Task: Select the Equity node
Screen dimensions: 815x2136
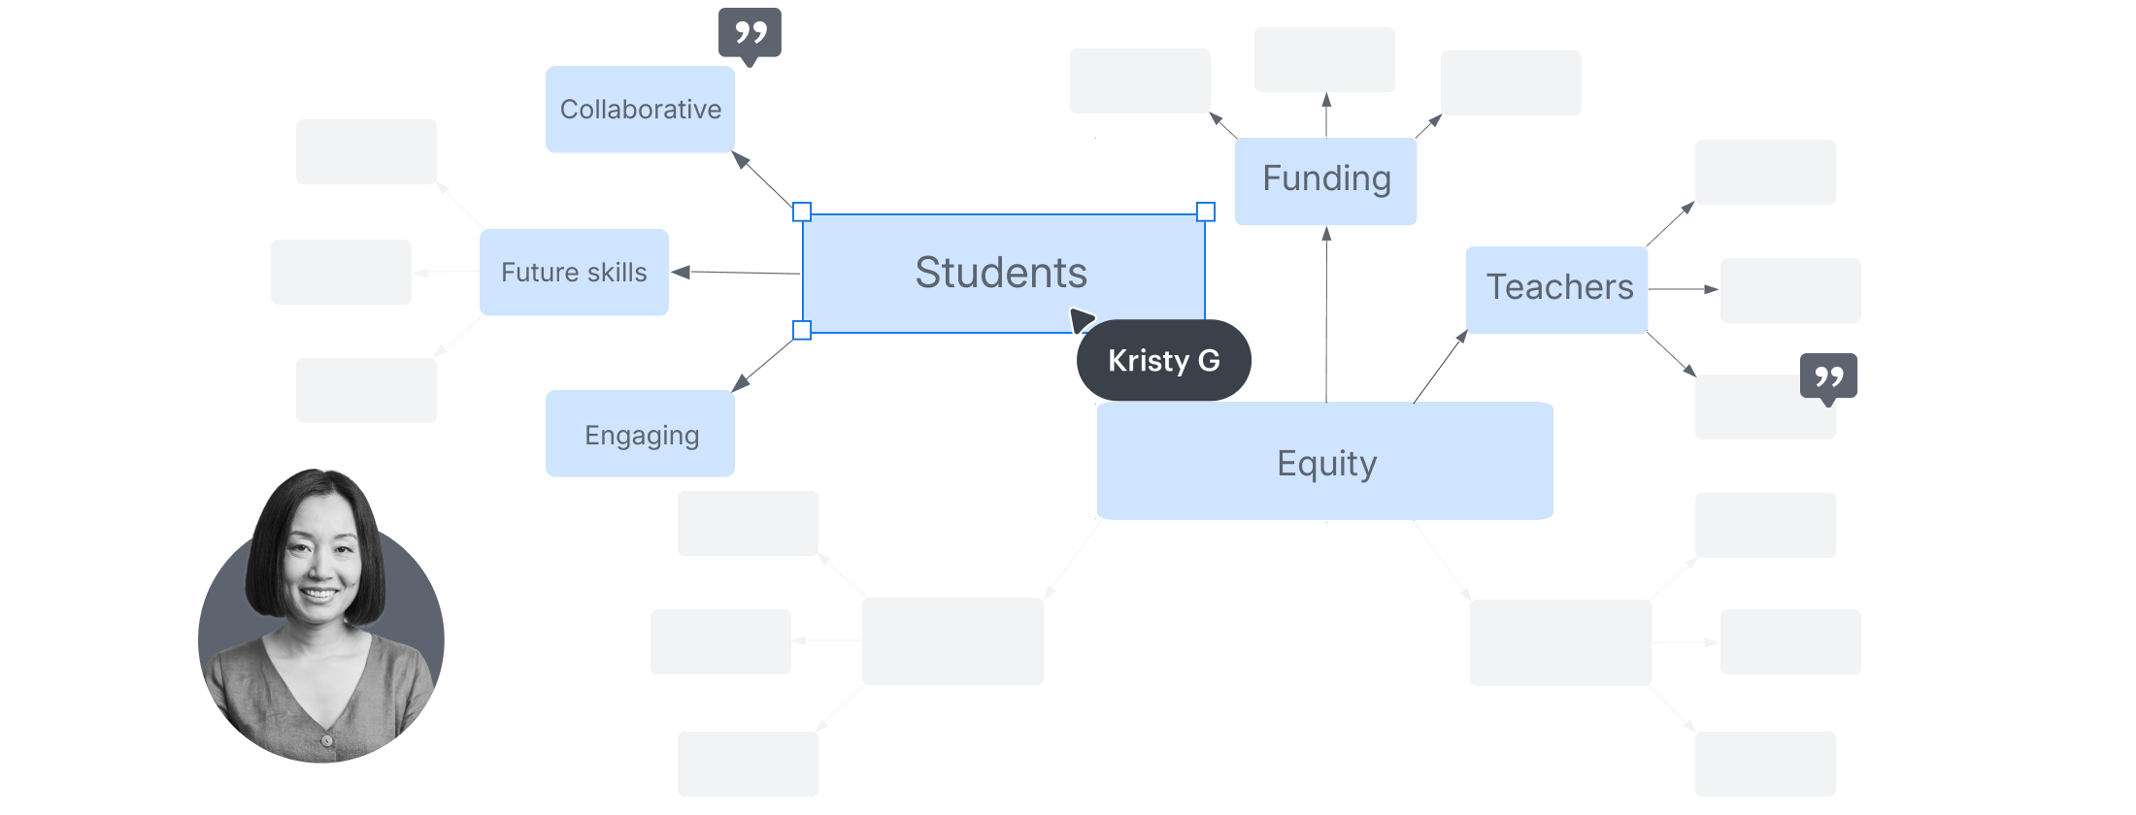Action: pyautogui.click(x=1325, y=463)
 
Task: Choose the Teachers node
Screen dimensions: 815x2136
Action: pyautogui.click(x=1557, y=288)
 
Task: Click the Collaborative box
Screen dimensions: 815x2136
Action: pyautogui.click(x=640, y=110)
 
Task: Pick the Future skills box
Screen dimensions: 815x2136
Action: pyautogui.click(x=574, y=273)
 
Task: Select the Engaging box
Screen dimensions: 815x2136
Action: pyautogui.click(x=640, y=435)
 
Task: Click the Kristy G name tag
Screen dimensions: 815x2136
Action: pyautogui.click(x=1164, y=361)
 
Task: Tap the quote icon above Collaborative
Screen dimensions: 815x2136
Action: pyautogui.click(x=750, y=34)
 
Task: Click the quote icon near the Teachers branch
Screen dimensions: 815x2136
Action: pyautogui.click(x=1829, y=376)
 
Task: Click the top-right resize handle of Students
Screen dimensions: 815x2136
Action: pyautogui.click(x=1205, y=212)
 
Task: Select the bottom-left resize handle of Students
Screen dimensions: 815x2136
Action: pyautogui.click(x=802, y=331)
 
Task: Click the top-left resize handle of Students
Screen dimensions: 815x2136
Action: pyautogui.click(x=802, y=212)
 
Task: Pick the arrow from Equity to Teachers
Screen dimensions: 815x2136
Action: pyautogui.click(x=1441, y=366)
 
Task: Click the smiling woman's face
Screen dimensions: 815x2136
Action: pyautogui.click(x=320, y=563)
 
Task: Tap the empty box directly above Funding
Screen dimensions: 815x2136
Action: pyautogui.click(x=1325, y=60)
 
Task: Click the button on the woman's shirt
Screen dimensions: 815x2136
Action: pyautogui.click(x=327, y=740)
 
